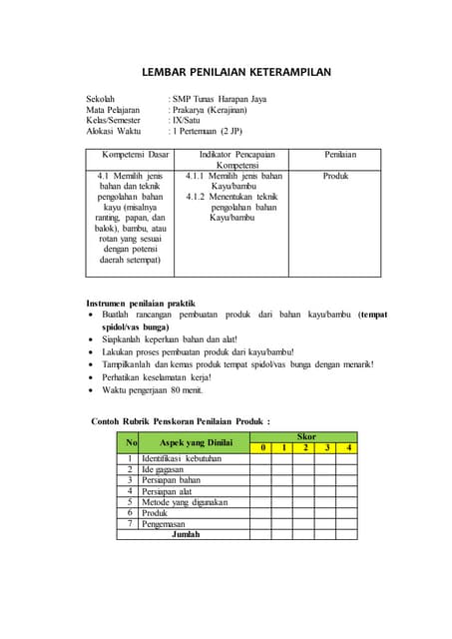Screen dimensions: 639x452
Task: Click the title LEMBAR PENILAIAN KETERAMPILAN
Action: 235,73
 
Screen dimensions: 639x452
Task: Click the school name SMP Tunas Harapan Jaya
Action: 223,99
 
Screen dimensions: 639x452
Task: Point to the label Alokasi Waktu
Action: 114,131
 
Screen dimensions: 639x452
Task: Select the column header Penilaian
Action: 340,155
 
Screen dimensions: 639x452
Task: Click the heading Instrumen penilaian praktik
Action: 141,303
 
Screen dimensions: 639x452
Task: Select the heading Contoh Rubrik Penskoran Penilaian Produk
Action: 181,421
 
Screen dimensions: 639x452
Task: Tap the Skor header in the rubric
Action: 306,437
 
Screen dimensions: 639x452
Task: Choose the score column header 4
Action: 348,447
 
